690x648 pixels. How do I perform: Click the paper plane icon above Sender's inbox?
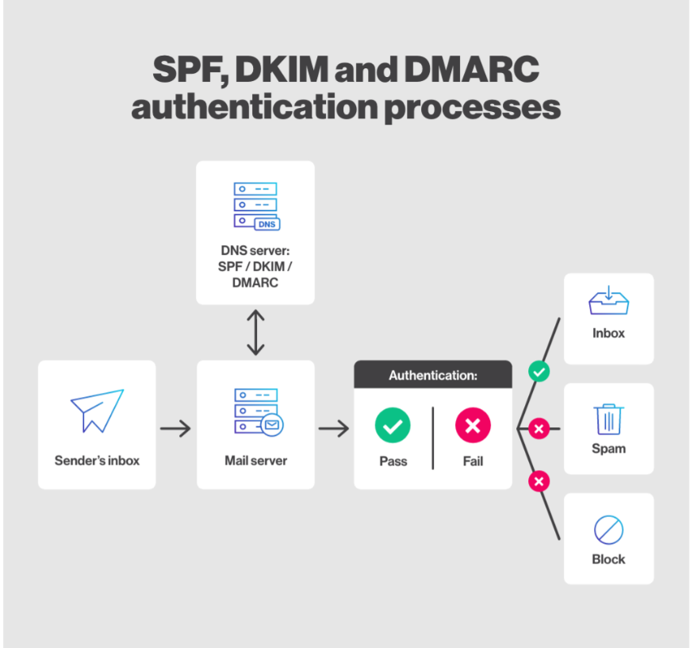(98, 411)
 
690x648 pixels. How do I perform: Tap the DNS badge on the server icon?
(267, 224)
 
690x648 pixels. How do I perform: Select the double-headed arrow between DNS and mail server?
(255, 333)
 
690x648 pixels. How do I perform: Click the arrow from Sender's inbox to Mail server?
(175, 429)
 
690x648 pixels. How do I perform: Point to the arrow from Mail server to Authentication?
(334, 429)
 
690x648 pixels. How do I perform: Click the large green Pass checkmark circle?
(393, 426)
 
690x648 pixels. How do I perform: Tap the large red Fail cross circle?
(473, 426)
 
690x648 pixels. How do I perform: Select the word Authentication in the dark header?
(431, 376)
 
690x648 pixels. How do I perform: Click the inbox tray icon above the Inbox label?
(608, 300)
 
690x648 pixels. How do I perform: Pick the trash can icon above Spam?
(609, 419)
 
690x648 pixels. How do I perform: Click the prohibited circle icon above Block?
(608, 530)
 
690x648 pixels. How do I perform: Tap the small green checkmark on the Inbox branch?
(539, 372)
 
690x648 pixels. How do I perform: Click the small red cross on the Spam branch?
(539, 429)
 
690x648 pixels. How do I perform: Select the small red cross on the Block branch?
(539, 481)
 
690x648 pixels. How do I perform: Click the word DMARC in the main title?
(471, 69)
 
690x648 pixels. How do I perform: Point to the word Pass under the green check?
(393, 461)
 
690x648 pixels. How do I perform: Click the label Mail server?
(255, 461)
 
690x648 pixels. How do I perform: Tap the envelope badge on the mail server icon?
(272, 425)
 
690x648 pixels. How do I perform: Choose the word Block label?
(608, 560)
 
